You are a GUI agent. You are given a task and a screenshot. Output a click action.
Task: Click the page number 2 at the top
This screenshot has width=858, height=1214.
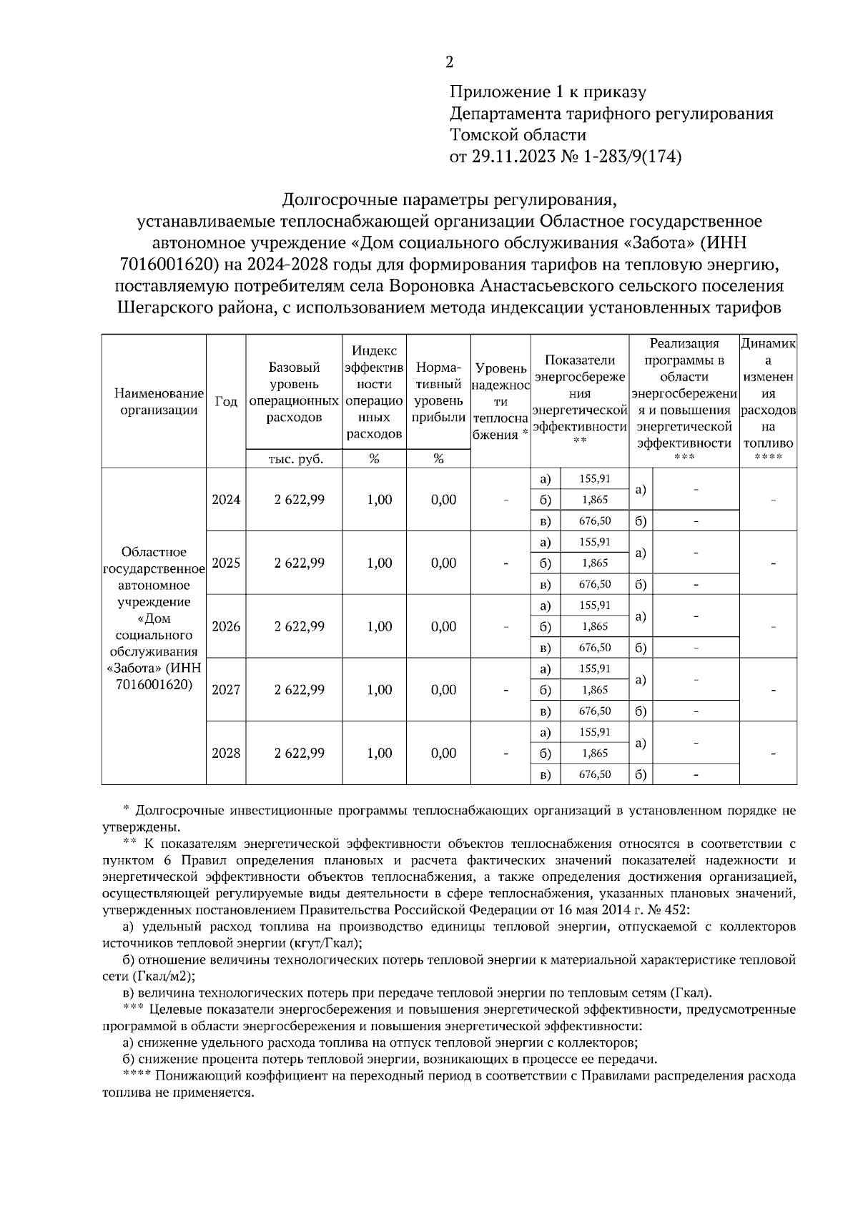[x=449, y=62]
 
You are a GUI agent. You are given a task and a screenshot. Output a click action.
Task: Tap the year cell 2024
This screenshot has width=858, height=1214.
[x=226, y=500]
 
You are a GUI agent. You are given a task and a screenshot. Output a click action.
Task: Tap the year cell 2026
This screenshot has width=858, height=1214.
[x=226, y=627]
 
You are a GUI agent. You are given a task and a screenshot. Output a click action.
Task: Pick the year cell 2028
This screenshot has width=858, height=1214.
[x=226, y=754]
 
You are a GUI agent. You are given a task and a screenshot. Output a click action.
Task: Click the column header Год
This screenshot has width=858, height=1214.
[x=226, y=402]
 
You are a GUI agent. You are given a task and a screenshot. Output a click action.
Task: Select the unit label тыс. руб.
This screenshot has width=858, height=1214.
[x=295, y=460]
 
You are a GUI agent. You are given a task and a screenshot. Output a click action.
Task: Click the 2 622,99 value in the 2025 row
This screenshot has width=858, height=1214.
[x=299, y=563]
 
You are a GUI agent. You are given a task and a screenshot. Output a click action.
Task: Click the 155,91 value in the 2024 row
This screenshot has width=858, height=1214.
[x=595, y=478]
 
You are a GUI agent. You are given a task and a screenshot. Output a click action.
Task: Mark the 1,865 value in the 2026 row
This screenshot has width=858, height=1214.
[x=595, y=627]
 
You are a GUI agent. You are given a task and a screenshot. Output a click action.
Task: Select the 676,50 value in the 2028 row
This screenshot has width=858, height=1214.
[x=595, y=774]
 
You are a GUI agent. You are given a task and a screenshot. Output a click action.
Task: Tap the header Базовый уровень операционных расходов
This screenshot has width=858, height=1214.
[x=295, y=393]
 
